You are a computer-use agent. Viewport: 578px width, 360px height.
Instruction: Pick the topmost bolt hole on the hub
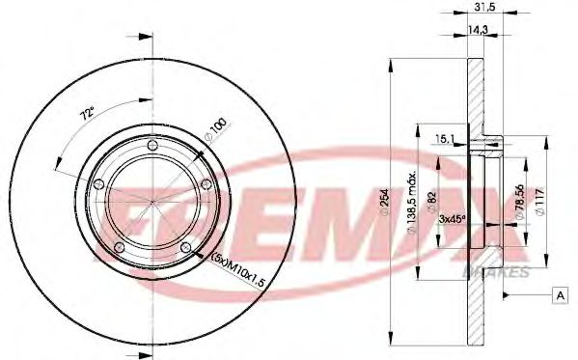(153, 147)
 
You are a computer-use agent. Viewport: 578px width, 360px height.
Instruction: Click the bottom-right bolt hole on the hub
(186, 249)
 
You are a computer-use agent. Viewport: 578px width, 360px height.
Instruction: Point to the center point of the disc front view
(153, 204)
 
